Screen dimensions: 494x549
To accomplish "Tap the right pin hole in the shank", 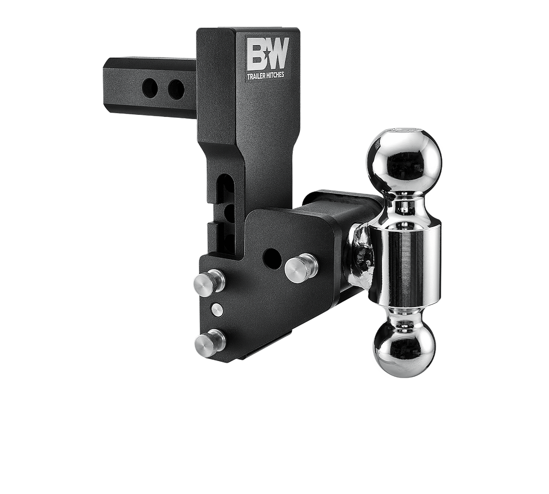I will point(176,89).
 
